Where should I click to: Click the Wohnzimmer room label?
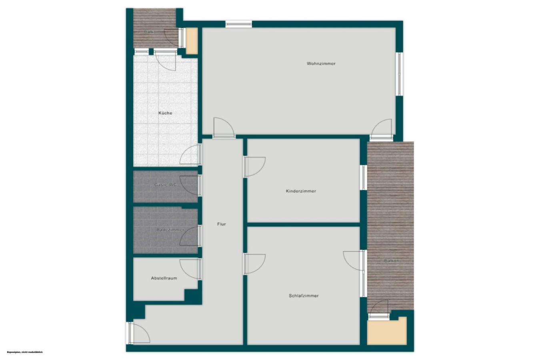[321, 64]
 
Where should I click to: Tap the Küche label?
[165, 113]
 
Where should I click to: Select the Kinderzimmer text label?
[301, 191]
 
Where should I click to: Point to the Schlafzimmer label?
[304, 296]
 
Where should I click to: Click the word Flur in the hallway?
[222, 224]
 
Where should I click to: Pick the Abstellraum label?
[164, 278]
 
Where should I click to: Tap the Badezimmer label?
[170, 230]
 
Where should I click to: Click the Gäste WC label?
[165, 185]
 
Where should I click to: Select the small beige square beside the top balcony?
[192, 41]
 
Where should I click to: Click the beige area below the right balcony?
[386, 331]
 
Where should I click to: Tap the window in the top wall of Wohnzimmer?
[239, 24]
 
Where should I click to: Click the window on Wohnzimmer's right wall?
[399, 74]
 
